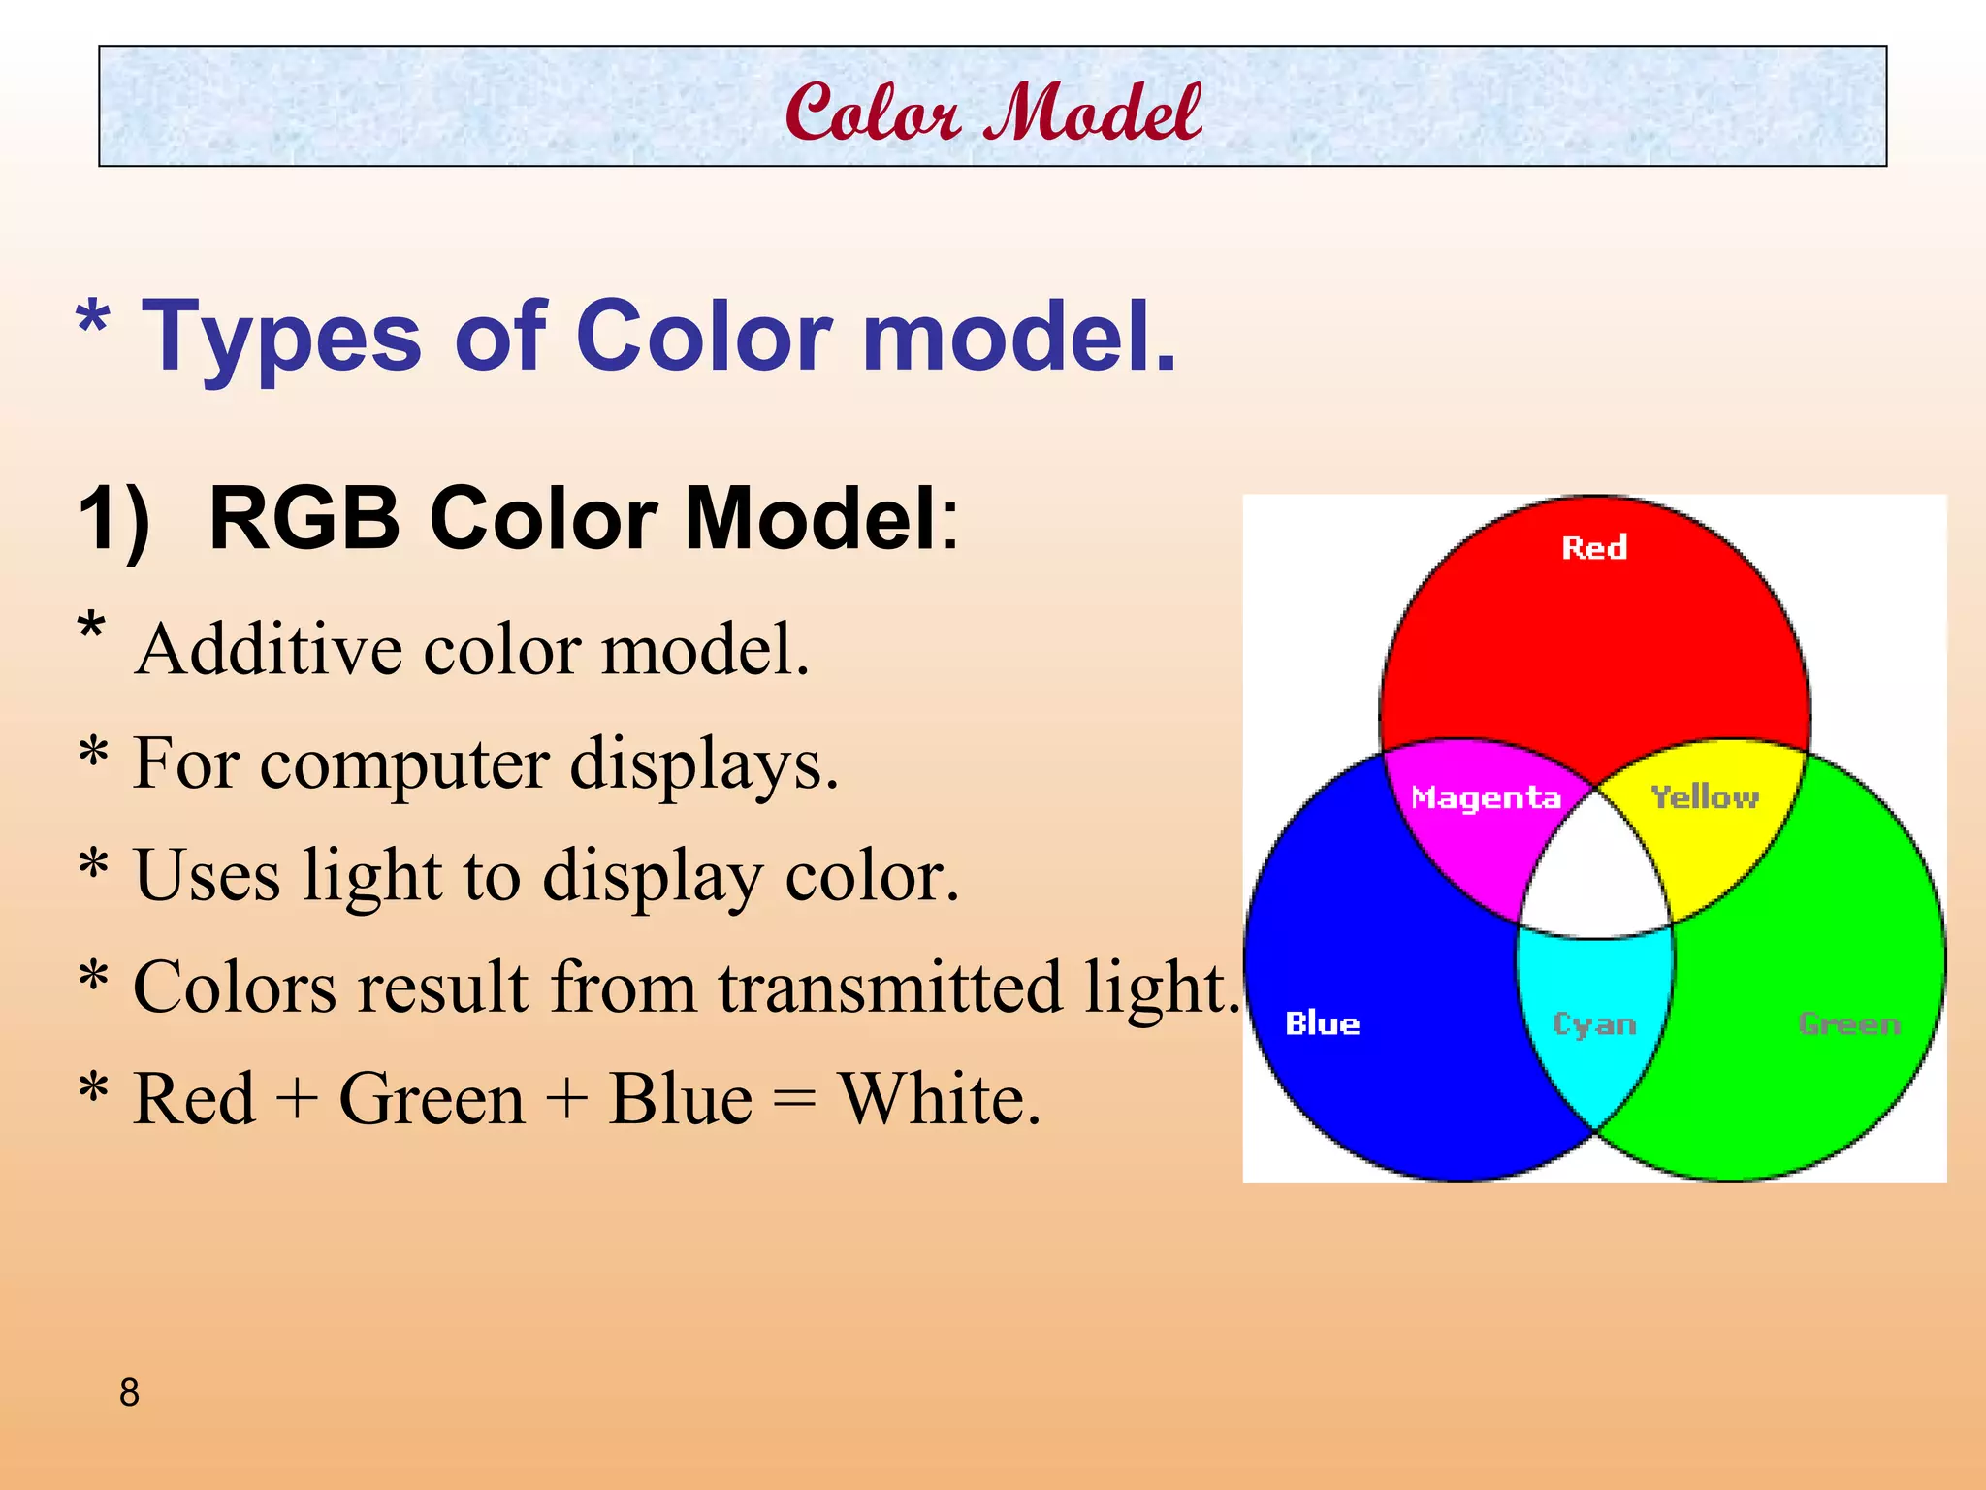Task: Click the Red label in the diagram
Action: coord(1593,548)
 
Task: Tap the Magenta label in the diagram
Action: coord(1486,797)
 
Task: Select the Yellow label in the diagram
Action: coord(1705,797)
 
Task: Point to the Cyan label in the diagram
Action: coord(1594,1024)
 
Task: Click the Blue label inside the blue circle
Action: coord(1322,1023)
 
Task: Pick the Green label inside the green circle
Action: coord(1848,1023)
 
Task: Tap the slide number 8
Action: coord(129,1393)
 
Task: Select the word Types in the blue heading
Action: coord(281,337)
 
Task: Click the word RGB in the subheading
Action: coord(304,519)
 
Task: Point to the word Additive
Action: coord(269,649)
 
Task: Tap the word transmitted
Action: coord(889,988)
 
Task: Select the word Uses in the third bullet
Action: coord(207,875)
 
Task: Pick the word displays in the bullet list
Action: coord(703,764)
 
